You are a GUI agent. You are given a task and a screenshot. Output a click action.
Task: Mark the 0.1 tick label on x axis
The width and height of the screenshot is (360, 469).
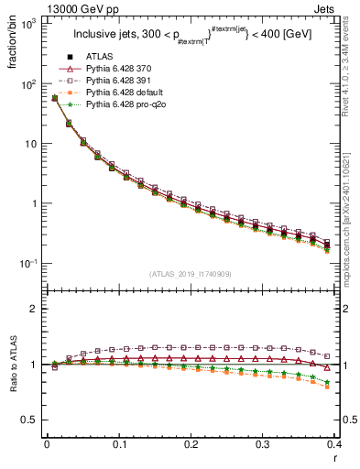point(119,444)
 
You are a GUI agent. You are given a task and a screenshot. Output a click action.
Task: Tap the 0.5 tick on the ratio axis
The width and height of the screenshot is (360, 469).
point(27,420)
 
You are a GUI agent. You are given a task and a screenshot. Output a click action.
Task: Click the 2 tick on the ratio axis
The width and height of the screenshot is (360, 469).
point(32,309)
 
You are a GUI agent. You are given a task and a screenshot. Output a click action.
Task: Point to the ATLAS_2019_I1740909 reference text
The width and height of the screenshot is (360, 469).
point(190,274)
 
